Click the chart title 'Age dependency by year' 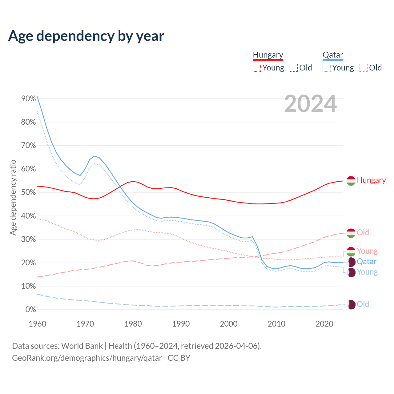click(86, 36)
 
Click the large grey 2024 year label click(310, 104)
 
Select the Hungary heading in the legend click(268, 55)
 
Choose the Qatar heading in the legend click(333, 55)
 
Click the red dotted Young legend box click(257, 68)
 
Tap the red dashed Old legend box click(294, 68)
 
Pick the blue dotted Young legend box click(327, 68)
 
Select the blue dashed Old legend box click(364, 68)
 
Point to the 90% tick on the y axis click(29, 98)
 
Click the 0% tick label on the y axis click(30, 310)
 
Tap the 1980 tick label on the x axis click(133, 324)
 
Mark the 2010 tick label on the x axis click(276, 324)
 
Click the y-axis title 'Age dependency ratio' click(13, 197)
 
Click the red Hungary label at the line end click(371, 180)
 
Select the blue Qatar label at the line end click(367, 262)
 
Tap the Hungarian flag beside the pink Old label click(351, 233)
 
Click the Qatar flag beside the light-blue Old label click(351, 304)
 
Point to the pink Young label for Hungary click(367, 251)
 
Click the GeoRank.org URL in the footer click(87, 358)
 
